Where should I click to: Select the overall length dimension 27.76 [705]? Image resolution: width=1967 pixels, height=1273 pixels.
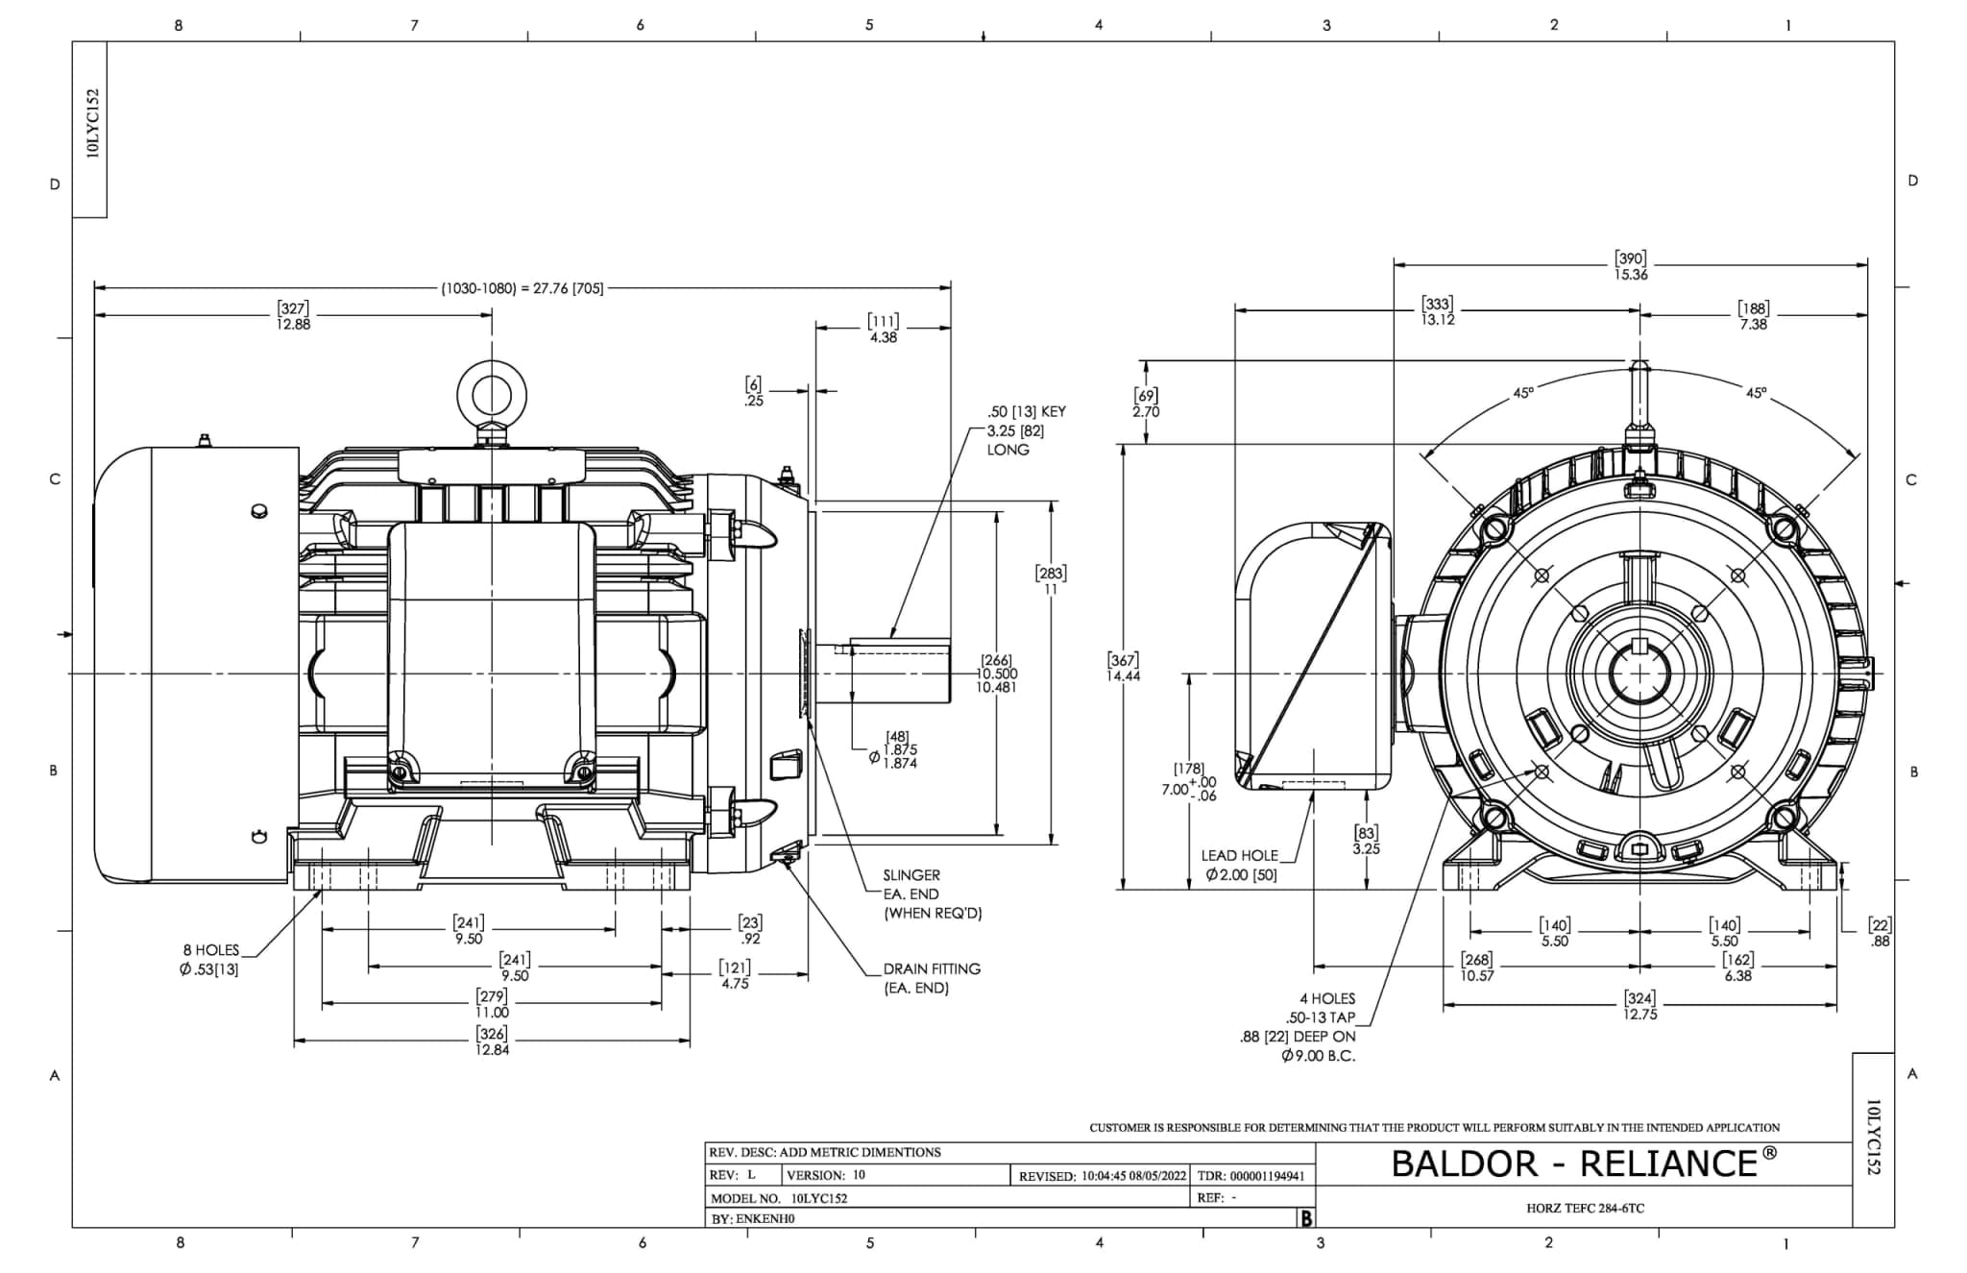[x=523, y=288]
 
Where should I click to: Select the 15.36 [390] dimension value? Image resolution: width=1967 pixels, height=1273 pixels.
[x=1631, y=266]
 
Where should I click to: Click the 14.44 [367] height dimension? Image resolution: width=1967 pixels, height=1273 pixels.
[x=1123, y=668]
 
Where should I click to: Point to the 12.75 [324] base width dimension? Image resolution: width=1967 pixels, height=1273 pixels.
[x=1639, y=1006]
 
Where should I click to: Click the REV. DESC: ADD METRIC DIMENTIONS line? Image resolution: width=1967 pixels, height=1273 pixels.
[x=824, y=1152]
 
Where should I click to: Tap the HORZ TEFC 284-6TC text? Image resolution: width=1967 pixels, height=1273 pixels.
[x=1585, y=1208]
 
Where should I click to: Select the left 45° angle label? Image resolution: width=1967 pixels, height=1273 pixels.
[x=1523, y=393]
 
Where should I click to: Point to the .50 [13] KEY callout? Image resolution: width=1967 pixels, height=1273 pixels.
[x=1027, y=411]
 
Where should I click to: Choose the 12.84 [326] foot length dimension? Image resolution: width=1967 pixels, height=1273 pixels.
[x=492, y=1041]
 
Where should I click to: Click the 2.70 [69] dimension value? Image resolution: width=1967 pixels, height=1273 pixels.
[x=1146, y=404]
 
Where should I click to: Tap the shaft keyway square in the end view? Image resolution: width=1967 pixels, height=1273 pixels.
[x=1639, y=645]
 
